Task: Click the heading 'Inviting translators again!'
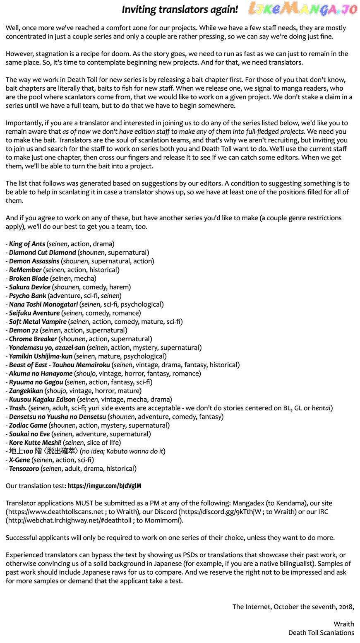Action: point(180,10)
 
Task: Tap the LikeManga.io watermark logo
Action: point(302,9)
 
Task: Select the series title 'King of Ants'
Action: point(27,244)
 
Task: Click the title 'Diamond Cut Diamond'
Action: point(42,253)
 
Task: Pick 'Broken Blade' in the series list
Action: point(29,279)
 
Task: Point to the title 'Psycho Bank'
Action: point(27,296)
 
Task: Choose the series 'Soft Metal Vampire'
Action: point(38,322)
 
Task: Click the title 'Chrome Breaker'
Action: point(33,339)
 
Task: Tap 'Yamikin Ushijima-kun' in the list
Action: point(41,356)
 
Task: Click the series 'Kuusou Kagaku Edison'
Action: point(42,400)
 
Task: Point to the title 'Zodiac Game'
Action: point(28,426)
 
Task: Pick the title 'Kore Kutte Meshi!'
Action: point(35,443)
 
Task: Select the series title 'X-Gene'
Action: point(19,460)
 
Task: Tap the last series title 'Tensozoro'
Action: point(24,469)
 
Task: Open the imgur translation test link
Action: point(104,486)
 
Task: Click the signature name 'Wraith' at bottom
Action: point(343,624)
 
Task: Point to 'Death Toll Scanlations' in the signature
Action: point(321,633)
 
